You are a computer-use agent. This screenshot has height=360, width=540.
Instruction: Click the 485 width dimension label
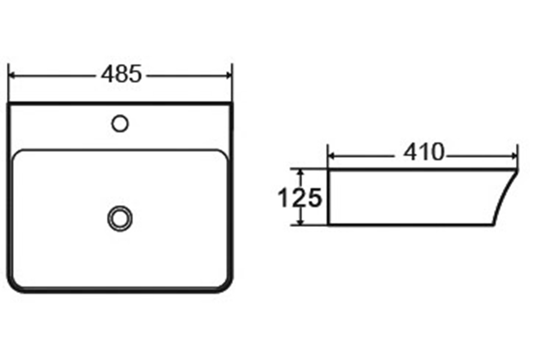click(x=121, y=74)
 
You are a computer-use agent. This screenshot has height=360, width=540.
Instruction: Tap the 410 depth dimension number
click(x=424, y=152)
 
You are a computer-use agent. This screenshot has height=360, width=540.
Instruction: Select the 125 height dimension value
click(x=299, y=198)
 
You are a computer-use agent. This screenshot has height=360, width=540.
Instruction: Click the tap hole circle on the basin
click(x=120, y=124)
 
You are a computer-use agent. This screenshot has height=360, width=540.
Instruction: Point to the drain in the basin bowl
click(x=120, y=218)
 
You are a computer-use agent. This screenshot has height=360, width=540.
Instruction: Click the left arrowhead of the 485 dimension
click(x=13, y=75)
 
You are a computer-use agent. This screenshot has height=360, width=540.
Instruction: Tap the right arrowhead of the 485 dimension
click(x=229, y=75)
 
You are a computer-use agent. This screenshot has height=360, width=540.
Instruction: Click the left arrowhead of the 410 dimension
click(x=332, y=156)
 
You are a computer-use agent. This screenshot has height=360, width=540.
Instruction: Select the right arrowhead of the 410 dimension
click(x=513, y=156)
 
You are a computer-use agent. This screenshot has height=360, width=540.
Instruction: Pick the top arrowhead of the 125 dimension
click(x=301, y=173)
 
